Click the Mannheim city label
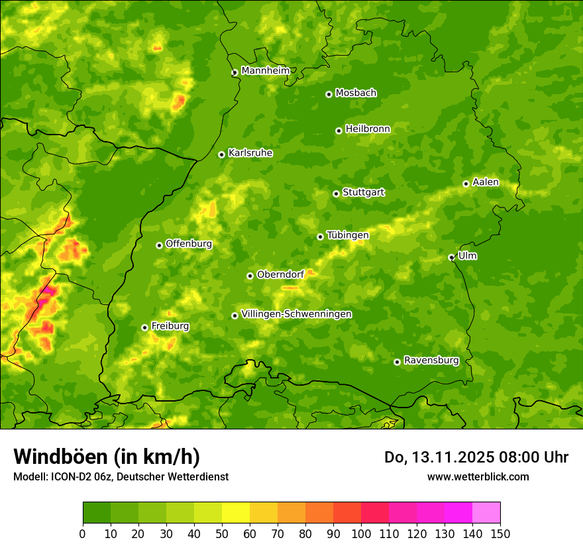(x=265, y=71)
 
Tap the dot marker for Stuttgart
(x=336, y=193)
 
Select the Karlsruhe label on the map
(x=250, y=153)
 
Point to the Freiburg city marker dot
(x=144, y=327)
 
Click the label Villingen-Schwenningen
(x=296, y=314)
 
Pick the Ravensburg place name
(x=431, y=360)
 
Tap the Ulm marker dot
(x=451, y=257)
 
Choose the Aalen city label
(x=486, y=182)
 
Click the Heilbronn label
(x=368, y=129)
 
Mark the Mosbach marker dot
(x=329, y=94)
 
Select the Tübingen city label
(x=348, y=235)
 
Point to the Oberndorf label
(x=281, y=274)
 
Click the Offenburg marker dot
(x=159, y=245)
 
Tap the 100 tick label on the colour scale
(x=361, y=533)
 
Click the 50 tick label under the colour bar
(x=222, y=533)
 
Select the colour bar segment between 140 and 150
(x=486, y=513)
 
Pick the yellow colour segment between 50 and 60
(x=236, y=513)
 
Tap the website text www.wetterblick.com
(x=478, y=476)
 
